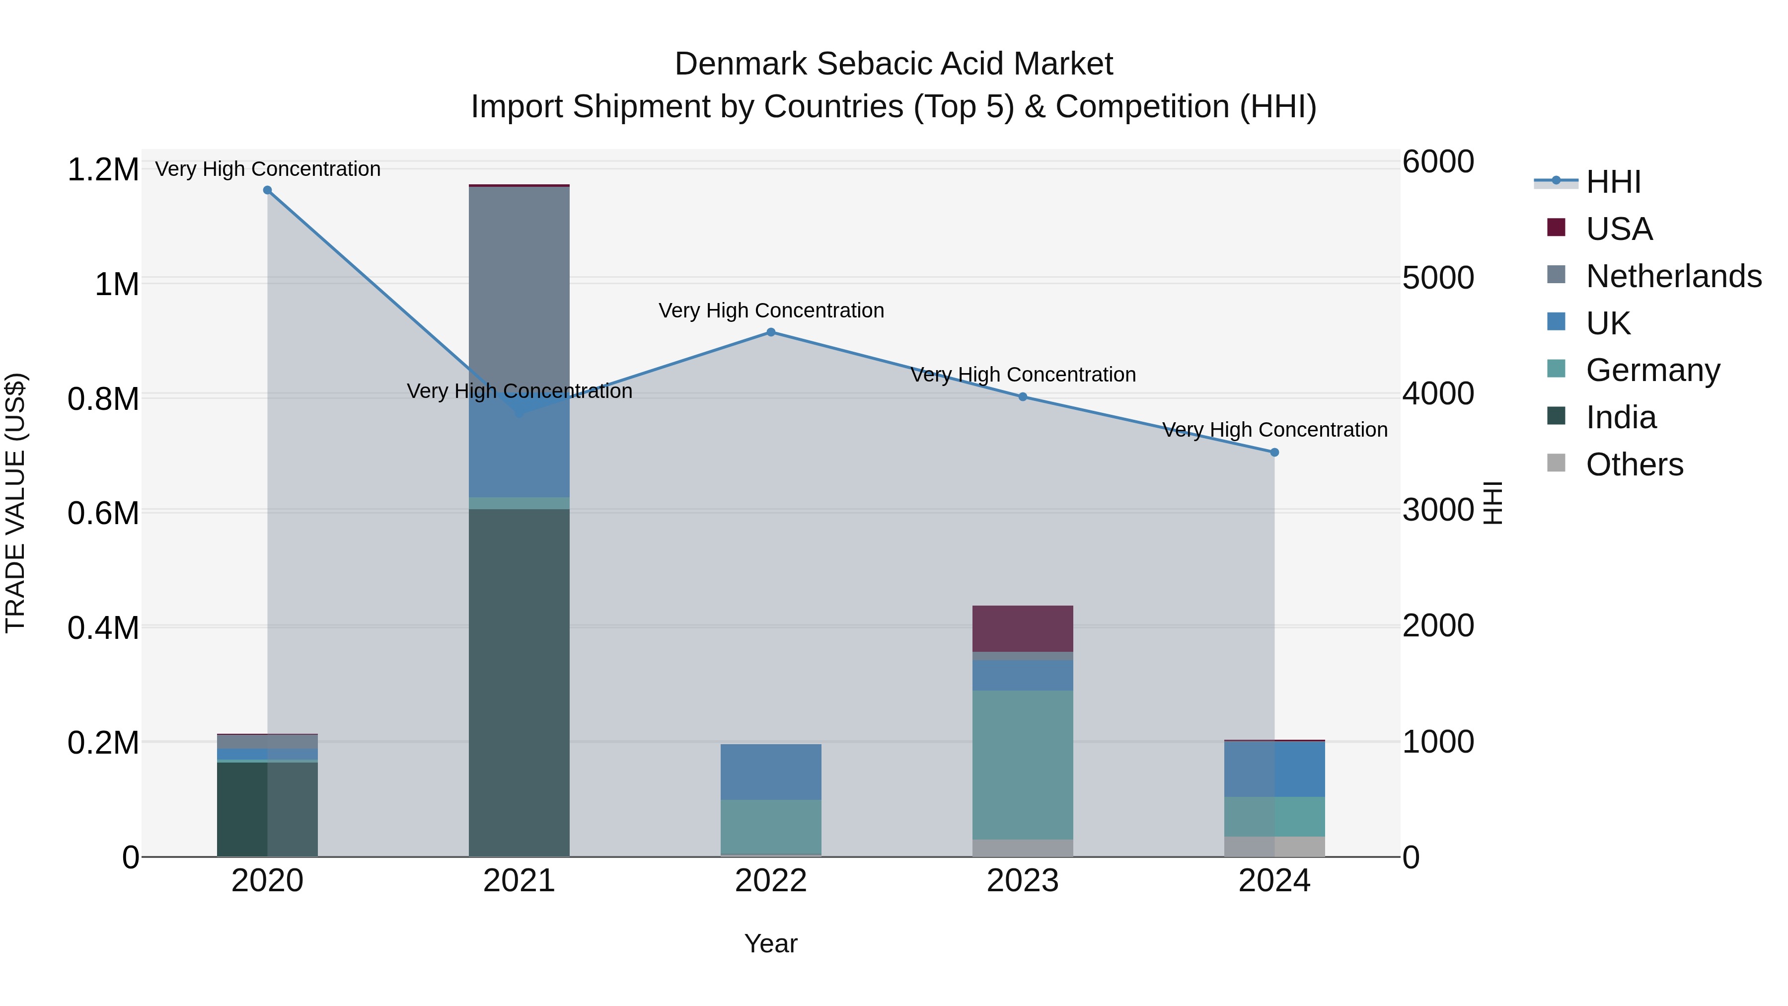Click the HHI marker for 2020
pos(267,190)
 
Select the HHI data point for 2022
pos(770,332)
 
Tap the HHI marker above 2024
pos(1274,453)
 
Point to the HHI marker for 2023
pos(1023,397)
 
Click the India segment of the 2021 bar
pos(519,681)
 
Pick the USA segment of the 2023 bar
pos(1023,628)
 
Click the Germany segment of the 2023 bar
pos(1023,764)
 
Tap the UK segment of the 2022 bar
pos(770,772)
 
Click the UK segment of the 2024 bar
pos(1274,769)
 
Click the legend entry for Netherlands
pos(1673,276)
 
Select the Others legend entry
pos(1634,464)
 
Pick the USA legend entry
pos(1619,229)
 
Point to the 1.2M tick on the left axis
pos(103,170)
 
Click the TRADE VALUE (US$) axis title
pos(15,503)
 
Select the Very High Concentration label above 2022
pos(770,310)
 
